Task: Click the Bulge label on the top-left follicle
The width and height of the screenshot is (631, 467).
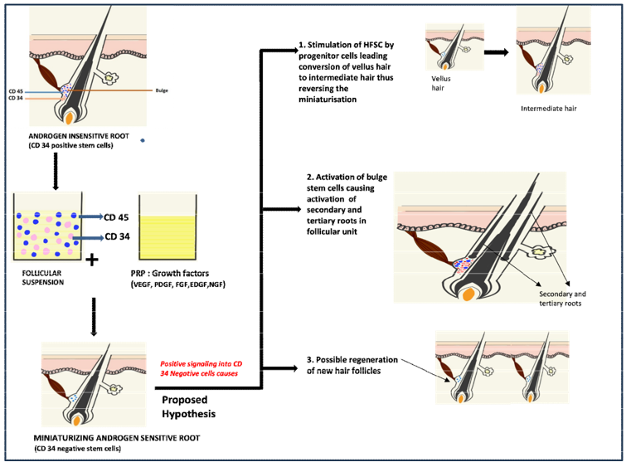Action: pos(163,90)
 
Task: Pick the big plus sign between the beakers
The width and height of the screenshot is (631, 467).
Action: pos(92,261)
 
